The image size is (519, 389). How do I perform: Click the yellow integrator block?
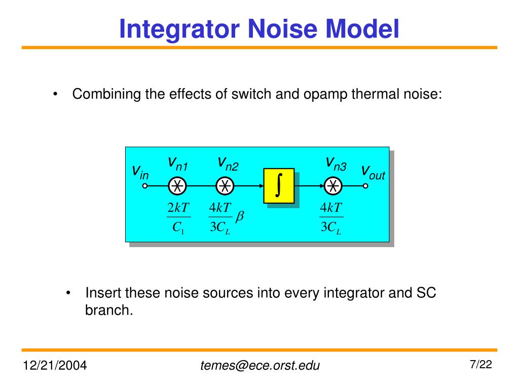(279, 186)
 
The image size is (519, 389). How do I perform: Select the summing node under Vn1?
(177, 186)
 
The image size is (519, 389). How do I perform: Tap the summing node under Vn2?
(225, 186)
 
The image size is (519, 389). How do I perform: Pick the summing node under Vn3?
(333, 186)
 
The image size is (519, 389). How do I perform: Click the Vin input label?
(140, 172)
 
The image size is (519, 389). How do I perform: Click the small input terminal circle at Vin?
(144, 186)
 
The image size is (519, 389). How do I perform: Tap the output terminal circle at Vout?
(365, 186)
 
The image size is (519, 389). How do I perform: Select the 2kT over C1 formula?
(177, 218)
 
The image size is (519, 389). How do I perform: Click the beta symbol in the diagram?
(240, 217)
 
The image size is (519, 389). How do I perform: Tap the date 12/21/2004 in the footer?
(54, 365)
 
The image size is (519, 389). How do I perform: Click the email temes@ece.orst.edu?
(260, 365)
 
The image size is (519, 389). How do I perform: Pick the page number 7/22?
(481, 364)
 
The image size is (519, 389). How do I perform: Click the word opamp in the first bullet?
(324, 94)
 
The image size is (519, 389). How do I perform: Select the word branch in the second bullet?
(108, 310)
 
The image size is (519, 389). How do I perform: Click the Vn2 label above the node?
(228, 163)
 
